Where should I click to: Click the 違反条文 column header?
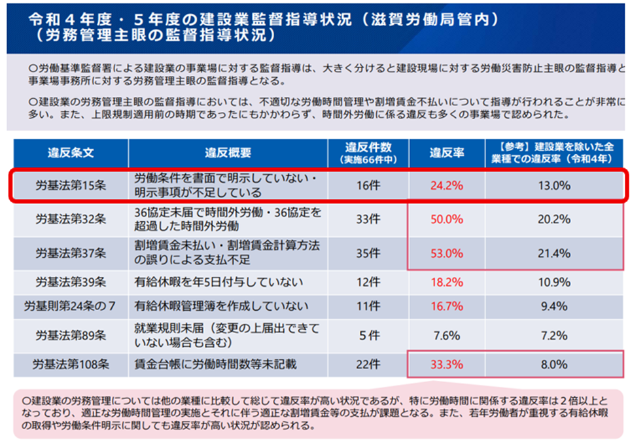71,153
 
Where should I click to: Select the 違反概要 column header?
227,153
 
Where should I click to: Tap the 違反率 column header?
447,153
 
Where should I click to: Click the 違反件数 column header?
368,153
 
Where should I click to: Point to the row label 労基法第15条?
71,185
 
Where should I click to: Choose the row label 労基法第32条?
71,219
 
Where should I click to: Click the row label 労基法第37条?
71,253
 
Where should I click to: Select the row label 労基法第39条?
71,283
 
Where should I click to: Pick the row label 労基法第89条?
71,335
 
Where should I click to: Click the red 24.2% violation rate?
447,185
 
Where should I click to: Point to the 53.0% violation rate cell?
447,253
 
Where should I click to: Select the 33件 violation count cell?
368,219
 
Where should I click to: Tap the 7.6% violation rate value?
447,335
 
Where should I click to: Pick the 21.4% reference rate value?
553,253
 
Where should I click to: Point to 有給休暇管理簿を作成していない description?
222,306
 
